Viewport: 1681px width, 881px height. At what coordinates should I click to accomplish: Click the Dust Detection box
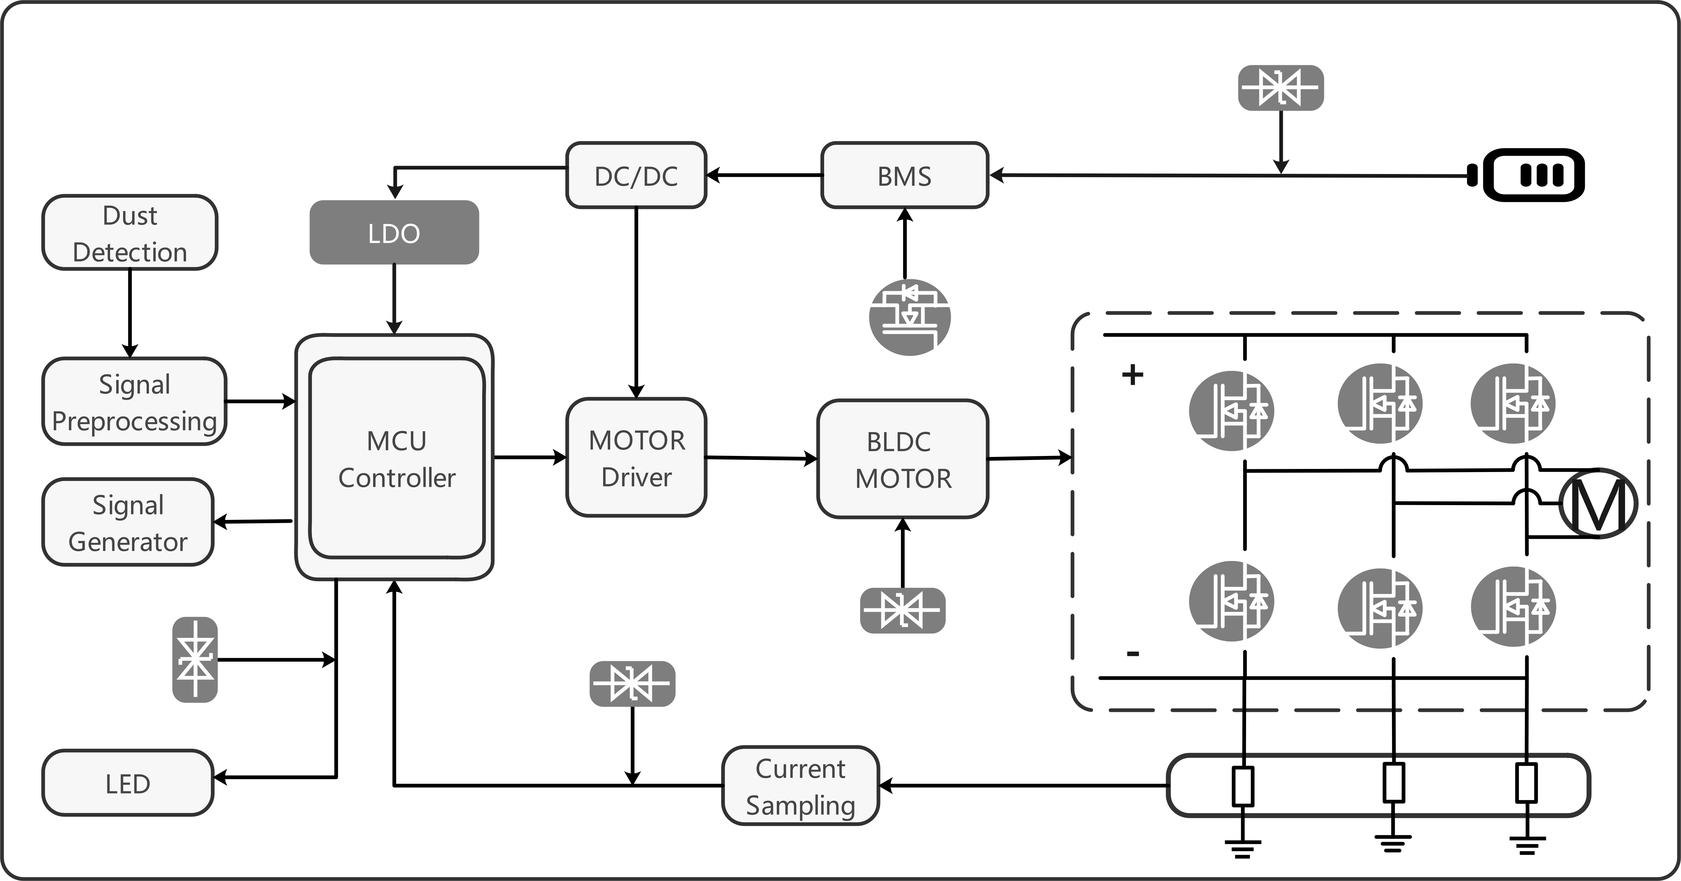(130, 232)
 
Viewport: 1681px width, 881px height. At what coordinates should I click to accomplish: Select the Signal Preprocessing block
(134, 401)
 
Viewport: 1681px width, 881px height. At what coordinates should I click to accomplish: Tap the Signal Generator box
(128, 522)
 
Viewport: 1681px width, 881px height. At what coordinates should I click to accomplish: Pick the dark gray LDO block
(394, 232)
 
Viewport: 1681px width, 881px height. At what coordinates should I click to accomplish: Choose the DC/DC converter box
(636, 175)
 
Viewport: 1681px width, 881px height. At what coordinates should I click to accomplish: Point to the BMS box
(904, 175)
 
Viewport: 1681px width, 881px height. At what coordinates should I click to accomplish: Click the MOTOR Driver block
(636, 458)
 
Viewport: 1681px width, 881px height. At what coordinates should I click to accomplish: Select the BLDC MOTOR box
(903, 459)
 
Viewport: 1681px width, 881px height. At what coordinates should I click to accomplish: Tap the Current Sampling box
(801, 786)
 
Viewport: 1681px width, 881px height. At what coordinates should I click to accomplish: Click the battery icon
(1527, 175)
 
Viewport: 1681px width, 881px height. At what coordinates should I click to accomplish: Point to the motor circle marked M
(1598, 503)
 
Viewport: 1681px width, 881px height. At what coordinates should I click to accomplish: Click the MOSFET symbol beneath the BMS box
(910, 317)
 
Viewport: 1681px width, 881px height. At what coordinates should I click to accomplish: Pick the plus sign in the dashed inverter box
(1133, 375)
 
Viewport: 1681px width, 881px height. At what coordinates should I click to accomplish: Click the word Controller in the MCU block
(397, 478)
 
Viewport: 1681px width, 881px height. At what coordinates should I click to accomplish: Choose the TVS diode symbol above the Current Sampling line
(632, 684)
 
